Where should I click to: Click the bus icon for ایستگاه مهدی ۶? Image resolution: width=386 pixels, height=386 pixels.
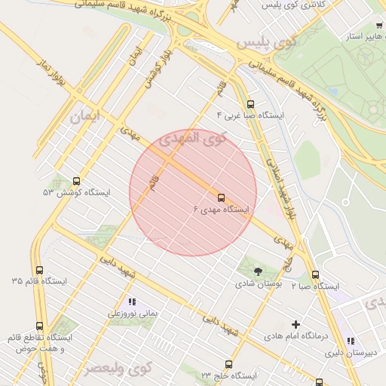[x=221, y=197]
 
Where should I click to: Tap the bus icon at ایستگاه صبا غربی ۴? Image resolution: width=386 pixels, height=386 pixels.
[x=250, y=104]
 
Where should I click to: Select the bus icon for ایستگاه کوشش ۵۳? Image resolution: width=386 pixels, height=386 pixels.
[x=76, y=181]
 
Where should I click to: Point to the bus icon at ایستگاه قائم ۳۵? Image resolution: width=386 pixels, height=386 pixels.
[x=39, y=270]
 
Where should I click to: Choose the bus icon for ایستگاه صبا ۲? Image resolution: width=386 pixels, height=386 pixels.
[x=314, y=275]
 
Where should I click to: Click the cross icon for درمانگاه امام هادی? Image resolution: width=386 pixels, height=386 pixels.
[x=296, y=324]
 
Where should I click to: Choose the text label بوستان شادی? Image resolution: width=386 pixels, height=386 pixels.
[x=259, y=284]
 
